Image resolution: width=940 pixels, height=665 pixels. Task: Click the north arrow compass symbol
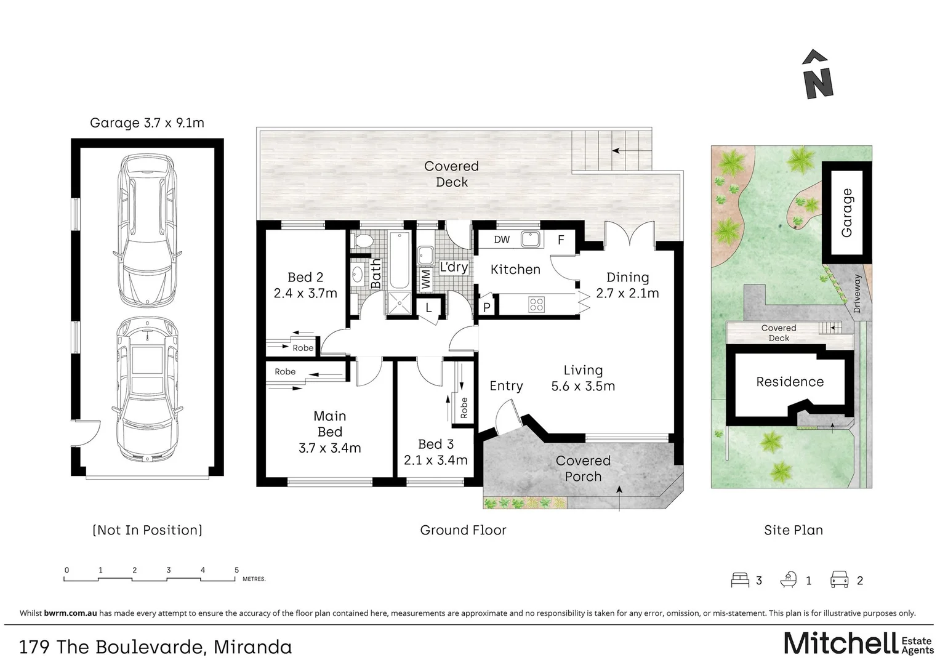(x=818, y=75)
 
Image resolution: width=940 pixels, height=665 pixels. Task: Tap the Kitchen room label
(x=515, y=270)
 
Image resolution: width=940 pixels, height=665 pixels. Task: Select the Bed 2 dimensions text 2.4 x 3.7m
(x=305, y=294)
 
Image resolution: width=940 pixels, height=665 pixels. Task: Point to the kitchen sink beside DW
(x=530, y=239)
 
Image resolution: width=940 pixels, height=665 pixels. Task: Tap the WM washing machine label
(x=425, y=279)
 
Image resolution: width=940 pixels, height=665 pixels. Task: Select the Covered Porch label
(x=582, y=469)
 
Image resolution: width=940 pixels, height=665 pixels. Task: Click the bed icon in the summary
(x=740, y=580)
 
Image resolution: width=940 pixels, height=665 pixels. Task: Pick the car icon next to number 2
(x=840, y=580)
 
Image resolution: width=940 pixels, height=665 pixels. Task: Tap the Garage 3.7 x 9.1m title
(x=147, y=123)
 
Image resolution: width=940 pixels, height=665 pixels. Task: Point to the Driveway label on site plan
(x=857, y=294)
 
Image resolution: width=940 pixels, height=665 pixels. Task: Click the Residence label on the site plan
(x=790, y=382)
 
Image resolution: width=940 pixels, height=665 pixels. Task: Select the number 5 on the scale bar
(x=236, y=570)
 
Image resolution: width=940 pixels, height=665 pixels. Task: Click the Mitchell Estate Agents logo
(x=858, y=643)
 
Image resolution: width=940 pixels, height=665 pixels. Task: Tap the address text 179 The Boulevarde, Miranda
(x=156, y=647)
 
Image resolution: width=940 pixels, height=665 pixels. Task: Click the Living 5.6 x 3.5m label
(x=583, y=378)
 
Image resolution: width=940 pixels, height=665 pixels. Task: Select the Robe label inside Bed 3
(x=464, y=408)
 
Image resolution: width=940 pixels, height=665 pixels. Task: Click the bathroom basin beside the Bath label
(x=358, y=273)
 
